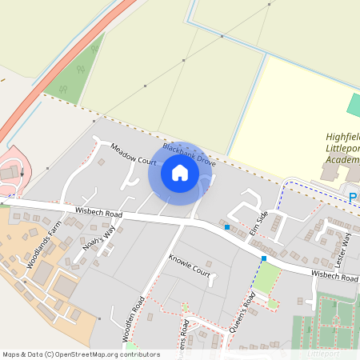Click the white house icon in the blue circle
180,172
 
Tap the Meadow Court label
134,154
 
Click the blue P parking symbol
353,198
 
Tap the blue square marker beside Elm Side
227,228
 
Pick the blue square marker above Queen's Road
264,258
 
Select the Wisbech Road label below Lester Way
335,275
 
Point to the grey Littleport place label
323,354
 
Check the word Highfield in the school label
342,138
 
